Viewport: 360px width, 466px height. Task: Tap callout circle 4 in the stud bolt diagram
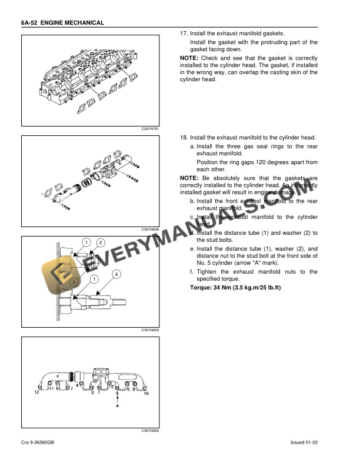coord(116,275)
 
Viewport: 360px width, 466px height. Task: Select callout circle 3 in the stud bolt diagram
coord(74,282)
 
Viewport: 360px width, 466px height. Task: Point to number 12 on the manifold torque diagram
coord(36,391)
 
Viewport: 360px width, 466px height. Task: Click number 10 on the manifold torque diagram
coord(146,392)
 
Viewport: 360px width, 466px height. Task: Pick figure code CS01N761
coord(151,129)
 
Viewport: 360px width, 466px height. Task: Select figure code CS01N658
coord(151,229)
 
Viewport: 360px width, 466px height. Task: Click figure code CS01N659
coord(151,330)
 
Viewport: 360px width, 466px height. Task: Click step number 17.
coord(183,34)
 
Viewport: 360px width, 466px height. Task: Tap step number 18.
coord(183,137)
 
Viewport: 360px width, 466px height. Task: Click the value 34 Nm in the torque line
coord(225,288)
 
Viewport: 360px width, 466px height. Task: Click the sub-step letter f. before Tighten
coord(191,272)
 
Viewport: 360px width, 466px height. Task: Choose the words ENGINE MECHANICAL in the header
coord(75,22)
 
